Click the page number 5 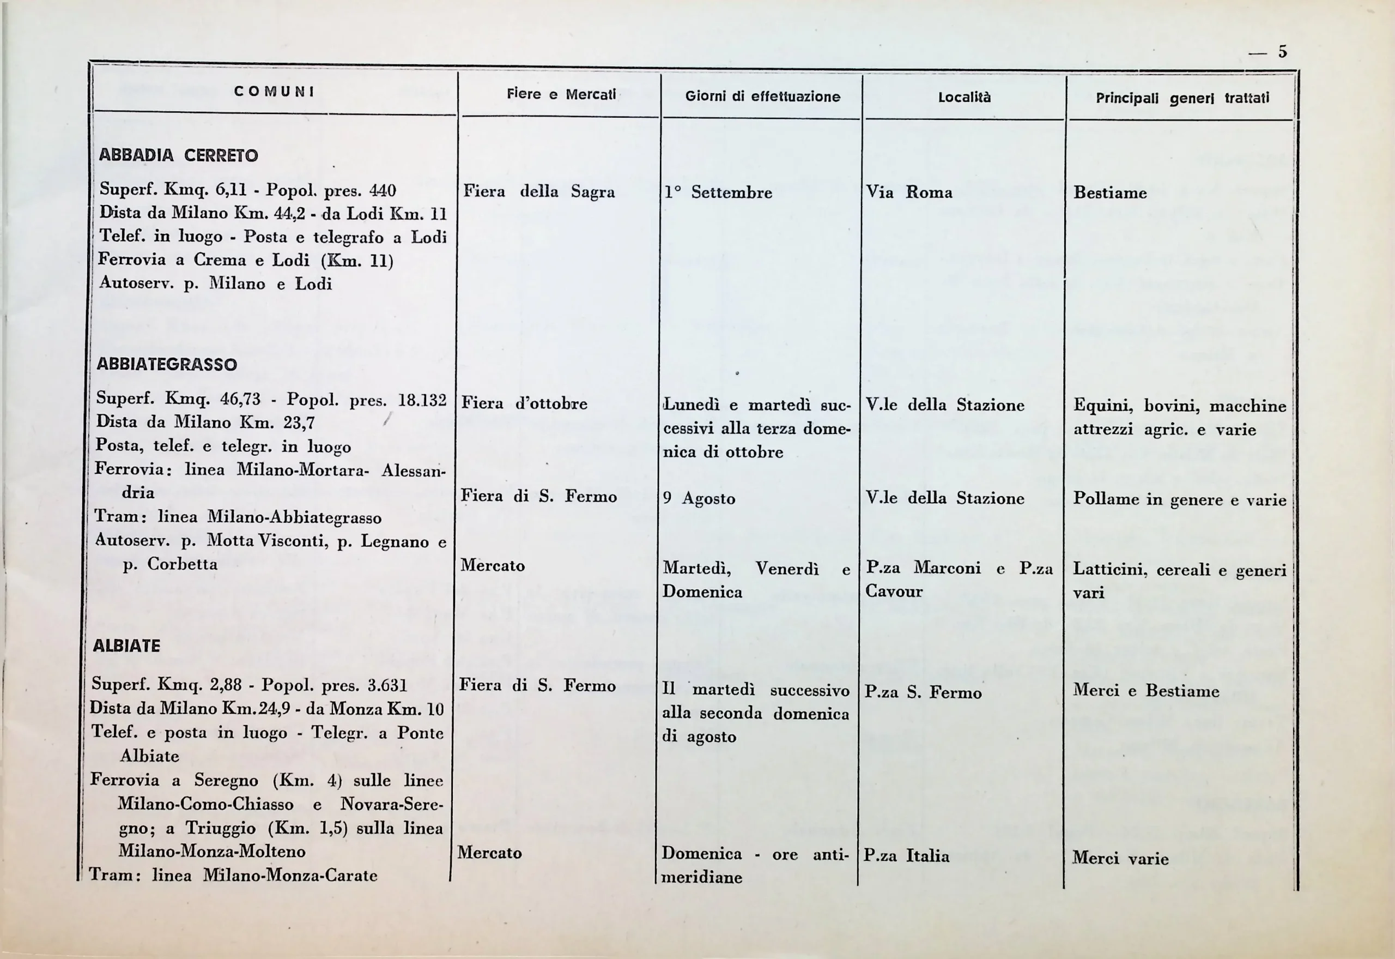tap(1282, 52)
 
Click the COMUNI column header tap(275, 92)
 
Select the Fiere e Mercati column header tap(561, 94)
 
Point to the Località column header tap(964, 98)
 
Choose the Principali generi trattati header tap(1182, 99)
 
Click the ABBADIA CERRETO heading tap(178, 155)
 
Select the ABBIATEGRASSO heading tap(167, 365)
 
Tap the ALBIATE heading tap(127, 646)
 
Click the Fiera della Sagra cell tap(539, 192)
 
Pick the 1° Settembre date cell tap(718, 193)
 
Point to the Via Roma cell tap(909, 193)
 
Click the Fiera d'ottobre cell tap(524, 404)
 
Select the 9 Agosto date tap(699, 499)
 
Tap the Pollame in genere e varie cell tap(1179, 500)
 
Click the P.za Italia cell tap(906, 855)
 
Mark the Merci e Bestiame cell tap(1146, 691)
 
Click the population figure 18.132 tap(423, 400)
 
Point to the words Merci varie tap(1120, 859)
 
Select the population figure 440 tap(383, 191)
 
